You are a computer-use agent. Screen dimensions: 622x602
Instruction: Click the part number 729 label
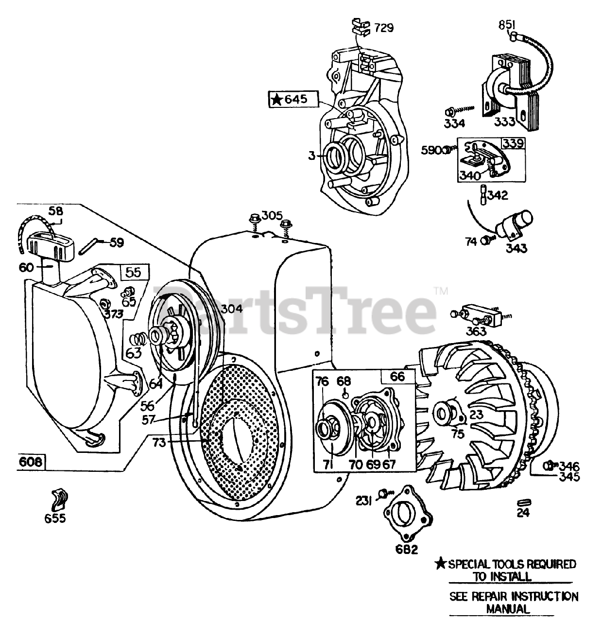pyautogui.click(x=383, y=28)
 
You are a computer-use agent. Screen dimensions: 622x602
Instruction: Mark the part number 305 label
pyautogui.click(x=272, y=215)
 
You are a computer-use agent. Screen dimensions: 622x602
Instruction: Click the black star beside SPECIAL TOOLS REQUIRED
pyautogui.click(x=440, y=564)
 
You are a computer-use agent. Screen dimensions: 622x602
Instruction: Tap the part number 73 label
pyautogui.click(x=158, y=442)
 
